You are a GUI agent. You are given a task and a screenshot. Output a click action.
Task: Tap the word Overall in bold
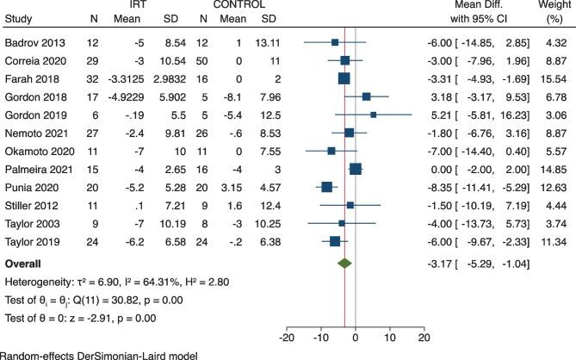[x=26, y=263]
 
